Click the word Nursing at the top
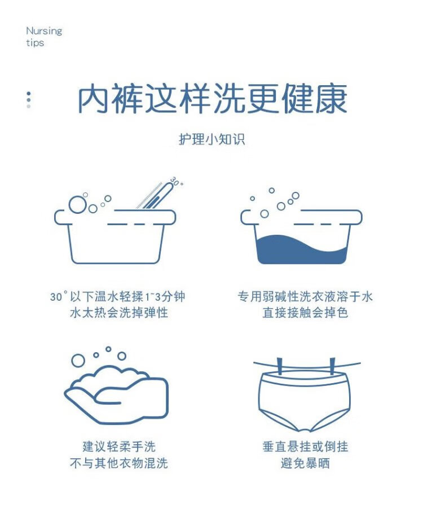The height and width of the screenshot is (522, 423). coord(44,31)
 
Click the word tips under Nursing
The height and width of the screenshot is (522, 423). coord(35,43)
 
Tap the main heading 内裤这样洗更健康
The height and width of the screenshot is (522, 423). coord(213,99)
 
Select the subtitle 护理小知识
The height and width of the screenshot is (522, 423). coord(211,139)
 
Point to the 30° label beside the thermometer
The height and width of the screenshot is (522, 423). coord(177,182)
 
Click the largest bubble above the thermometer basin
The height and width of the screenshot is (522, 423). coord(77,204)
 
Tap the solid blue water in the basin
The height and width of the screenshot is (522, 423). coord(302,249)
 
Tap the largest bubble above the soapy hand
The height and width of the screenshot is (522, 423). coord(78,360)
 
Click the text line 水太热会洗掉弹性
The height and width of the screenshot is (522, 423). coord(119,313)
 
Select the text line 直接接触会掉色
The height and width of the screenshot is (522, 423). coord(305,313)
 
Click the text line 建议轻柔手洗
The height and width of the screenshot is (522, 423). coord(119,446)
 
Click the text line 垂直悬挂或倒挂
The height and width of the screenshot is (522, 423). coord(305,446)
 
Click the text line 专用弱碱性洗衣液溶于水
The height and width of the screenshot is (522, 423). coord(305,296)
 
